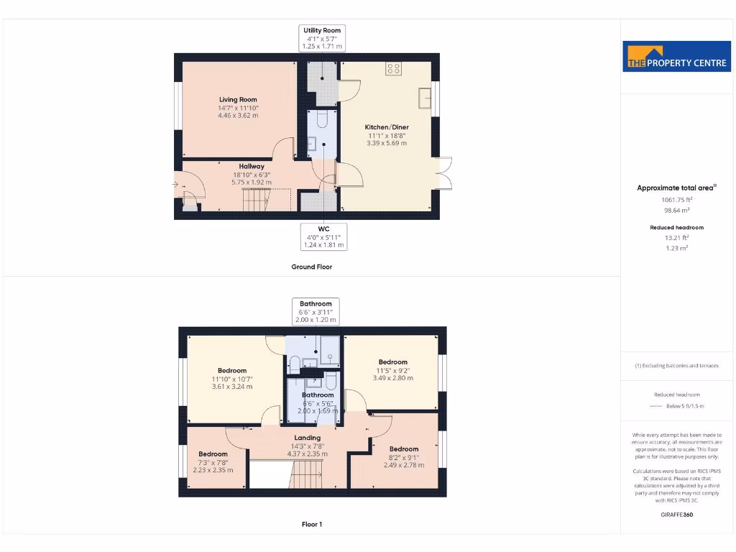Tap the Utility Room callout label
pyautogui.click(x=323, y=38)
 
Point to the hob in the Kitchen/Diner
pyautogui.click(x=393, y=69)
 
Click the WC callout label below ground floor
pyautogui.click(x=323, y=236)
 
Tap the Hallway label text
pyautogui.click(x=252, y=166)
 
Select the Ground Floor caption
pyautogui.click(x=311, y=267)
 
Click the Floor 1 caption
pyautogui.click(x=311, y=525)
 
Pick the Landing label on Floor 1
pyautogui.click(x=307, y=438)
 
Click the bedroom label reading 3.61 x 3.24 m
pyautogui.click(x=232, y=379)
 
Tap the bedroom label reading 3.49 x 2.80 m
pyautogui.click(x=393, y=370)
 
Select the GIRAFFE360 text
pyautogui.click(x=676, y=515)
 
